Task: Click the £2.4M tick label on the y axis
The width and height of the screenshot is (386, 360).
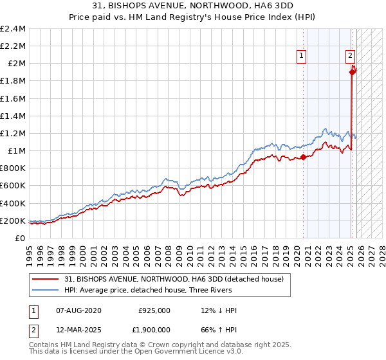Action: click(13, 29)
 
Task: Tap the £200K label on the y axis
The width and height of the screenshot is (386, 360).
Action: click(13, 221)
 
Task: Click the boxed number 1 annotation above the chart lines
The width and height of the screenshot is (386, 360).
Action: click(302, 57)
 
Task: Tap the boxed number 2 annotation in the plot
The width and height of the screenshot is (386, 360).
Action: click(351, 57)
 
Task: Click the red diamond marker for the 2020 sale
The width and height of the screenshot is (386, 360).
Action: click(303, 157)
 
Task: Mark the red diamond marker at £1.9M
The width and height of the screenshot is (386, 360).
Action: click(352, 72)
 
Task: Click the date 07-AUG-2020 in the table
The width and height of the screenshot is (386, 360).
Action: click(78, 310)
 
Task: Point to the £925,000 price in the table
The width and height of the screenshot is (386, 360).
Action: click(154, 310)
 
